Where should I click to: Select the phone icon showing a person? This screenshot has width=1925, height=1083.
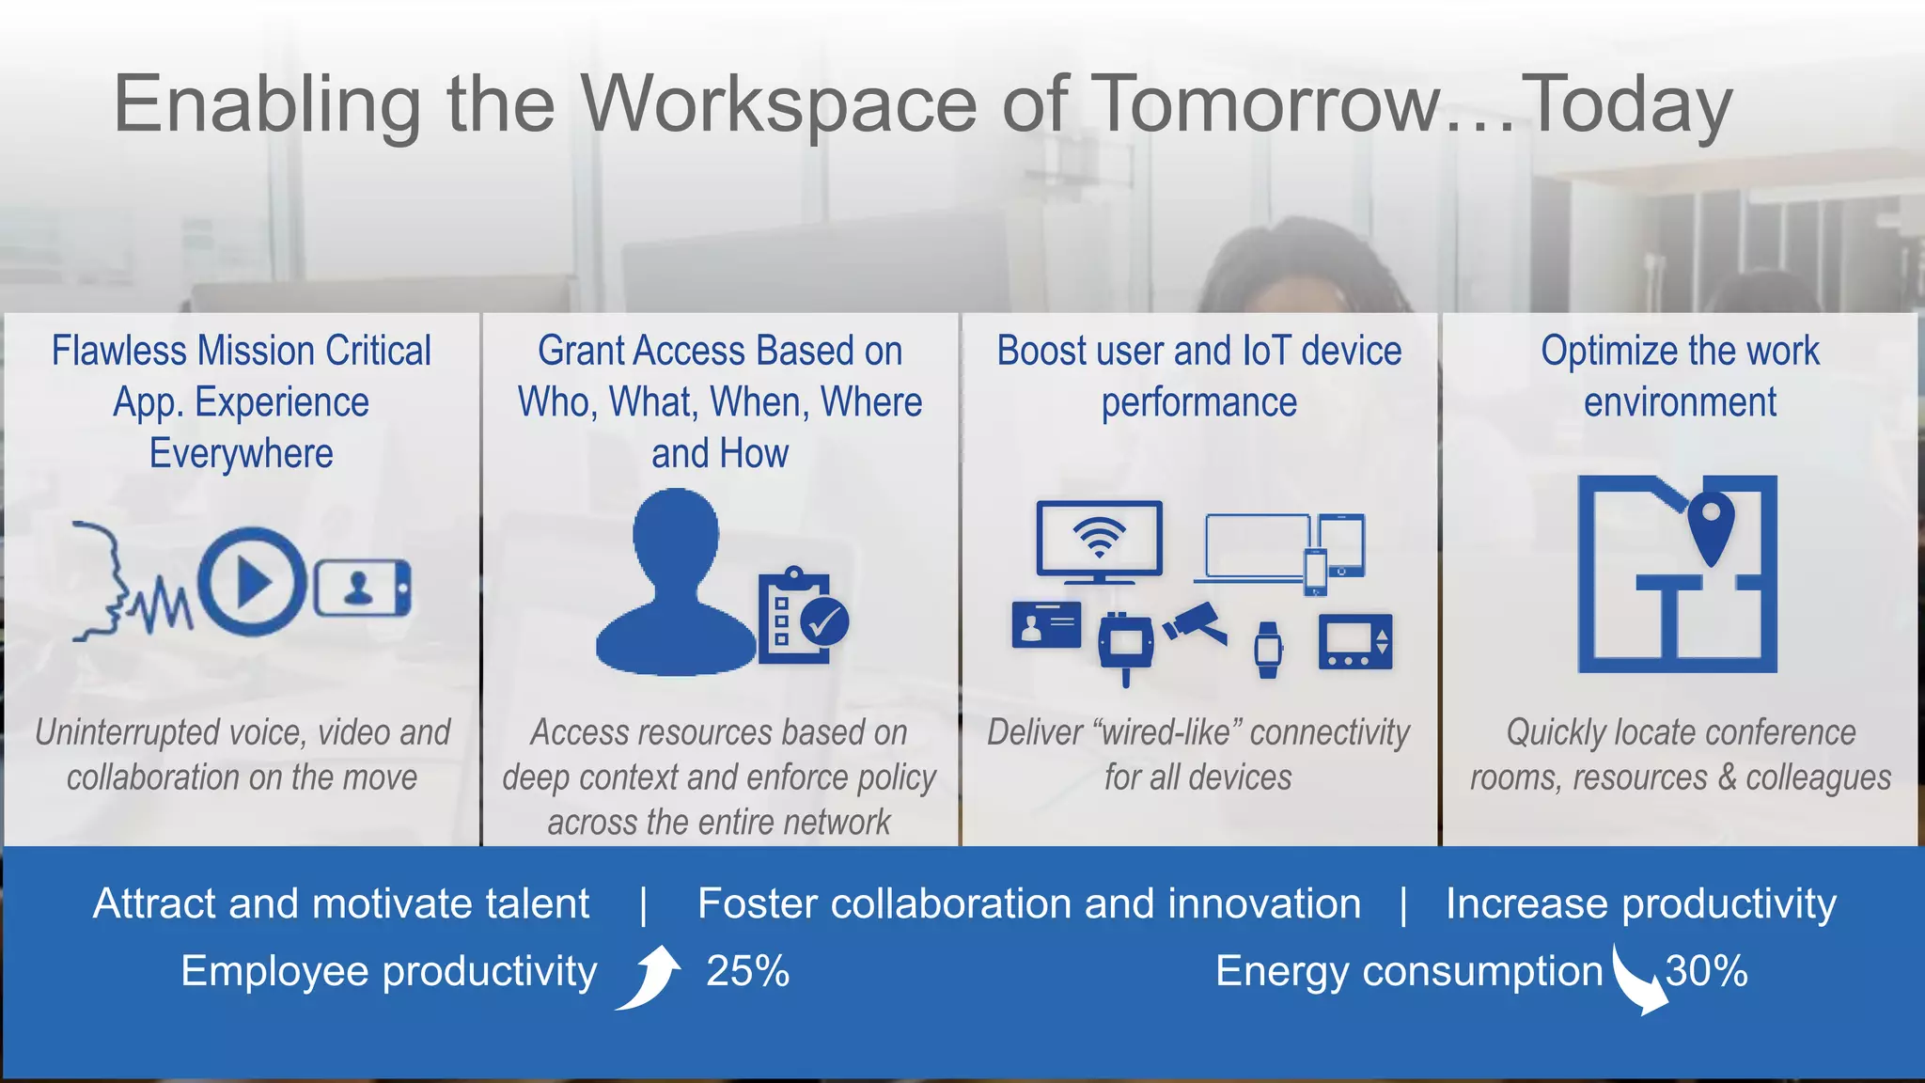point(362,588)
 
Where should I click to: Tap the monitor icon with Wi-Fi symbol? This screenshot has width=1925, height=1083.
point(1099,541)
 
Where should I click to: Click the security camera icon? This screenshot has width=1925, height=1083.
point(1196,623)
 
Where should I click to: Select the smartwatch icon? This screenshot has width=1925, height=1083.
point(1268,649)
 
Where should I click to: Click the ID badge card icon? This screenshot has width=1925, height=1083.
point(1046,624)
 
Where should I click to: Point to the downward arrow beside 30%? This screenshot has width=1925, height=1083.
point(1636,981)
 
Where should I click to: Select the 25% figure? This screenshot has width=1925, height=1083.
point(747,971)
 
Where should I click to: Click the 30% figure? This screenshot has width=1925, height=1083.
point(1706,971)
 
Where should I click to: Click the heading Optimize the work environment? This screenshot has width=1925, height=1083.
point(1680,376)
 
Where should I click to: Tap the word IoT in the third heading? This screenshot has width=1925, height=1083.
point(1266,351)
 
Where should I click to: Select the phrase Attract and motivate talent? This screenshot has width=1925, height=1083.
point(341,903)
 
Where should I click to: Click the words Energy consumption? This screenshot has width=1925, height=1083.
point(1408,971)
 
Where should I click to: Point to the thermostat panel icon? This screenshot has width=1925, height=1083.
point(1354,642)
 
